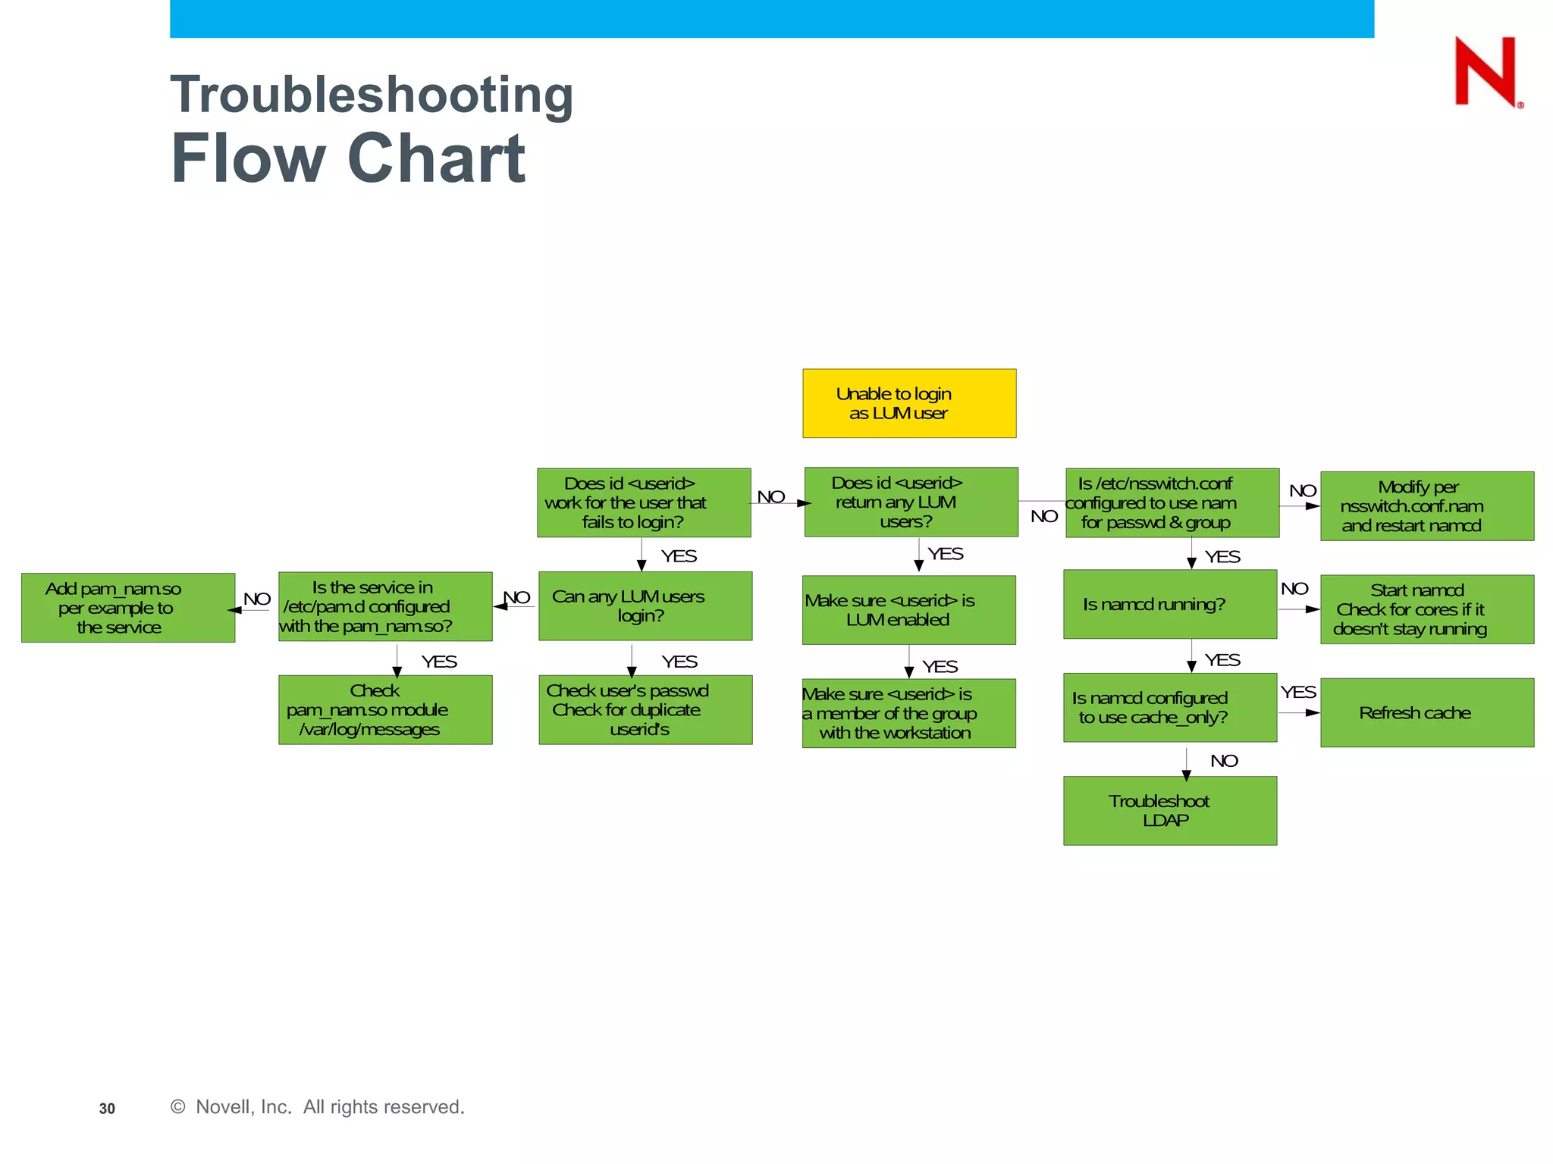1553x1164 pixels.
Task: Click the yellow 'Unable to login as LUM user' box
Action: pos(908,403)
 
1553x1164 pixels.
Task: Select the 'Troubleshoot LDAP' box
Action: pos(1169,810)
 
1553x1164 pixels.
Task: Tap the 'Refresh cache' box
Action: pos(1426,712)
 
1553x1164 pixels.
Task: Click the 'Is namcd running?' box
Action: pos(1169,604)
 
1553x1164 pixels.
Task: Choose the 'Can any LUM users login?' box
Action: pos(645,605)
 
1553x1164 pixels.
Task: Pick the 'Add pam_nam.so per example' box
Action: pos(127,608)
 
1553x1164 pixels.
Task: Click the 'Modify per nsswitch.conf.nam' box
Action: pos(1426,505)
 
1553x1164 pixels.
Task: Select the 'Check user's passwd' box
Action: pos(645,709)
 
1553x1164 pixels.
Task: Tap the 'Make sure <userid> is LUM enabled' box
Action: pos(908,610)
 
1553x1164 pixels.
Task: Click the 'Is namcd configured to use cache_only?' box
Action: pos(1169,707)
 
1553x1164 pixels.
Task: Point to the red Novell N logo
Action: pos(1486,72)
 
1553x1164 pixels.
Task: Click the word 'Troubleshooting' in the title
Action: pos(372,95)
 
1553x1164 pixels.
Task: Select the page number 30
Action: pos(107,1109)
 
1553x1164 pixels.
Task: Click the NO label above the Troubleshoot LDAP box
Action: pos(1224,761)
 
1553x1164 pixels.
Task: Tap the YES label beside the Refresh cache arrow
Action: pos(1298,692)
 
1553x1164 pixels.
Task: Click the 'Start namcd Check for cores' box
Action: pos(1426,609)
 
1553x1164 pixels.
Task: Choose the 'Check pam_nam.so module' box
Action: pos(384,709)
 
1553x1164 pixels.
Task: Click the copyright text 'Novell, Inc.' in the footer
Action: pos(243,1107)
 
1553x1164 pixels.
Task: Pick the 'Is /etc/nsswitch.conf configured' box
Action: pos(1172,502)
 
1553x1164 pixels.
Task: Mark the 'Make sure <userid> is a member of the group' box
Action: pos(908,713)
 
